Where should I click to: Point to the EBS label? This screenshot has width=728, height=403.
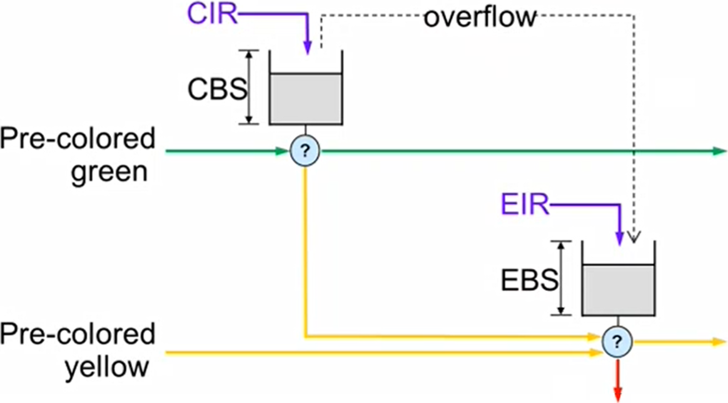[x=529, y=280]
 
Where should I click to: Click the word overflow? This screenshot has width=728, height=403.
[x=480, y=18]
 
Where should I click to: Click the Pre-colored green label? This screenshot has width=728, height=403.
[x=78, y=154]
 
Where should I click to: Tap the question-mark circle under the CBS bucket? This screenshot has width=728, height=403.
[x=305, y=151]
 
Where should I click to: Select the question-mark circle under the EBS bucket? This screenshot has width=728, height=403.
[x=618, y=342]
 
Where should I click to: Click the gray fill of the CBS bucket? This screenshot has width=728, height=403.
[x=305, y=98]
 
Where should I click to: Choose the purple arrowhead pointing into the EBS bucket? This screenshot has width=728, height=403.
[x=619, y=238]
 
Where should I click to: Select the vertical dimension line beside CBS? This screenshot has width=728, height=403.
[x=250, y=87]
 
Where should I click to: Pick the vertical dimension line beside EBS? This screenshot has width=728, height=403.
[x=562, y=278]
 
